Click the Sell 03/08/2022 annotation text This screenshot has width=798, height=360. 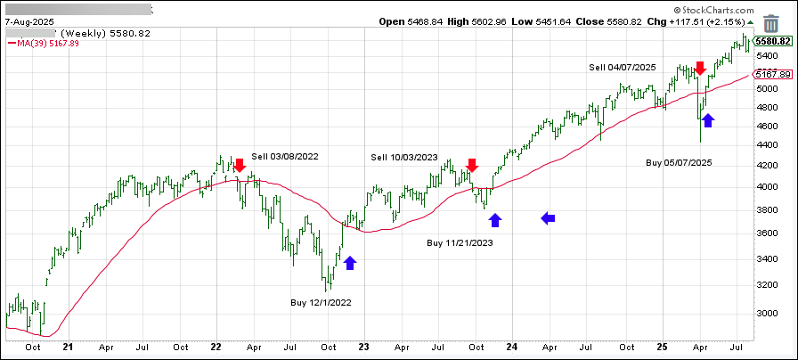pos(284,157)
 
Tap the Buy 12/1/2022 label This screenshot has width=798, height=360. pos(321,302)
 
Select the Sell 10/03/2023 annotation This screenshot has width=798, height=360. pos(404,158)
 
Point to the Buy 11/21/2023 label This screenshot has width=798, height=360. pos(460,242)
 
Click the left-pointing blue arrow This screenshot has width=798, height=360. pos(549,217)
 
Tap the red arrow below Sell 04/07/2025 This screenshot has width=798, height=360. pos(700,68)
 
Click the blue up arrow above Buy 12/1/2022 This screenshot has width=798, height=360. pos(350,262)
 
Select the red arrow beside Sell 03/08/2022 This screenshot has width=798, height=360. pos(239,165)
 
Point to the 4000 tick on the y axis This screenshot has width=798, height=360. pos(765,187)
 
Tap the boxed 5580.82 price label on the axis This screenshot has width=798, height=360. pos(772,41)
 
